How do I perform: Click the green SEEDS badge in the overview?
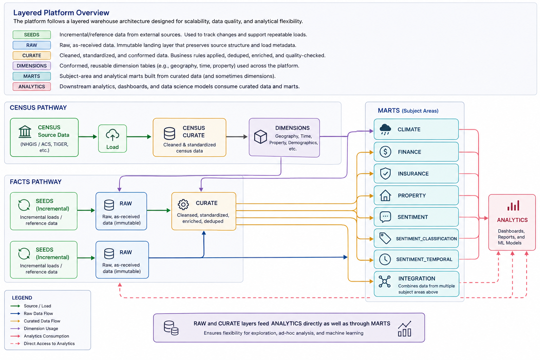pyautogui.click(x=32, y=35)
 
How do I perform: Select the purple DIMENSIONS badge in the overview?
pyautogui.click(x=32, y=66)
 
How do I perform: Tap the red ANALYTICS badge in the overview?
pyautogui.click(x=32, y=86)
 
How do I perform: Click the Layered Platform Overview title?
pyautogui.click(x=61, y=13)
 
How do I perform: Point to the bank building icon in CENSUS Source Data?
pyautogui.click(x=25, y=131)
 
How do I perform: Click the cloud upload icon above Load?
pyautogui.click(x=112, y=135)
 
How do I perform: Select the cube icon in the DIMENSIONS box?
pyautogui.click(x=261, y=137)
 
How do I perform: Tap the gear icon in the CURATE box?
pyautogui.click(x=183, y=205)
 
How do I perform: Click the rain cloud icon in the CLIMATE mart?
pyautogui.click(x=385, y=129)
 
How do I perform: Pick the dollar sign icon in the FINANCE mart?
pyautogui.click(x=385, y=152)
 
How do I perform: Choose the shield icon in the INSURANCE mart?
pyautogui.click(x=385, y=173)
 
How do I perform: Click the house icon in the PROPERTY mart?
pyautogui.click(x=385, y=195)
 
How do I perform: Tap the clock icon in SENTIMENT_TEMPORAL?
pyautogui.click(x=385, y=259)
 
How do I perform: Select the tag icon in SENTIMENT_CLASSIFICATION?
pyautogui.click(x=385, y=238)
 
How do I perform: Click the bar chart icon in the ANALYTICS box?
pyautogui.click(x=513, y=206)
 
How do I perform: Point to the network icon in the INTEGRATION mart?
pyautogui.click(x=385, y=281)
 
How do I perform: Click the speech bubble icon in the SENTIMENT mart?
pyautogui.click(x=385, y=217)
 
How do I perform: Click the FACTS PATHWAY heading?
pyautogui.click(x=36, y=182)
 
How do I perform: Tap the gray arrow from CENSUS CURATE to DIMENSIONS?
pyautogui.click(x=237, y=137)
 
